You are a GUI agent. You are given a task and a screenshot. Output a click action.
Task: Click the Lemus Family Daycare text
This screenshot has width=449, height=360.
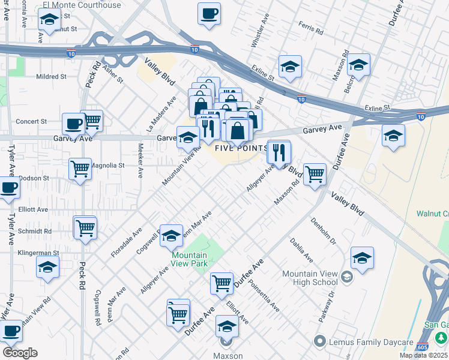tap(372, 342)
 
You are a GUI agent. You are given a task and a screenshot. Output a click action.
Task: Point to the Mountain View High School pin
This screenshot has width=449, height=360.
tap(347, 277)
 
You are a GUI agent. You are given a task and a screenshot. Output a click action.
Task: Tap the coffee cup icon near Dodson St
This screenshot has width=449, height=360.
tap(8, 187)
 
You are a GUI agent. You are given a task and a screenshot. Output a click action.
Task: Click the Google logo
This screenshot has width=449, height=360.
tap(20, 353)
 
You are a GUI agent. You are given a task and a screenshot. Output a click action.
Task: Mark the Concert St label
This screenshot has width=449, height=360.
tap(31, 121)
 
